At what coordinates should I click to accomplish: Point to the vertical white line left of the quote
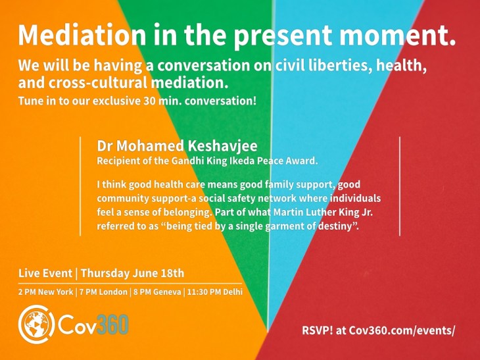pyautogui.click(x=81, y=186)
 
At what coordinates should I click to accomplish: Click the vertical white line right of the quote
pyautogui.click(x=400, y=186)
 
